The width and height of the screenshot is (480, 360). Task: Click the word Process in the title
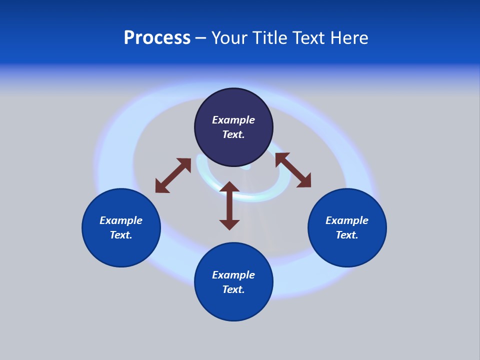157,38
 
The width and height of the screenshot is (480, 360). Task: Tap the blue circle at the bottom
233,305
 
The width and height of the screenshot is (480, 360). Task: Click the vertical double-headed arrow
229,205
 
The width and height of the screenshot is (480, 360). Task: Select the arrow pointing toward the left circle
173,175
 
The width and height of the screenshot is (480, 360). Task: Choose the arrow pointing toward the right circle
293,170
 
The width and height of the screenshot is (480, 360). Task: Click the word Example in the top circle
233,120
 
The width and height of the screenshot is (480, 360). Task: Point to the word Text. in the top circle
233,134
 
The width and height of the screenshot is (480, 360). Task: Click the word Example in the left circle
121,220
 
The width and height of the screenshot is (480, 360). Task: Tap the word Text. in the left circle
121,235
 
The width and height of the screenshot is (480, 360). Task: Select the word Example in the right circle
347,220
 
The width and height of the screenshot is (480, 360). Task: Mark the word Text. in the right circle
347,235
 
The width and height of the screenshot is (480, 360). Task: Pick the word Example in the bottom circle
233,275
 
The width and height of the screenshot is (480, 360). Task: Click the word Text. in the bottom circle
233,289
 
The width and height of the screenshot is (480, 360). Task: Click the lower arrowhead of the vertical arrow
229,224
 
